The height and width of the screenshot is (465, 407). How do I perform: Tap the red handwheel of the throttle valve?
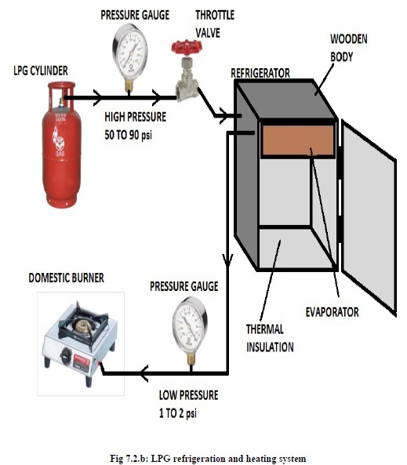[187, 47]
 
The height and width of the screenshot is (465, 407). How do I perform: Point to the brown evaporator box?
[298, 140]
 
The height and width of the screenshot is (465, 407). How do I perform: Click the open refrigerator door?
[369, 217]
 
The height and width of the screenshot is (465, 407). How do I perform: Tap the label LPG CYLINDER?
[41, 71]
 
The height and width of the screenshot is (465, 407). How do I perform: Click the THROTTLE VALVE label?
[215, 24]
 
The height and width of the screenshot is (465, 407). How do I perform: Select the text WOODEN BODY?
[348, 48]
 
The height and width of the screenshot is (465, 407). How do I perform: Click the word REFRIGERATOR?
[260, 73]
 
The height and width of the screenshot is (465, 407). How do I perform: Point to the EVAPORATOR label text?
[333, 312]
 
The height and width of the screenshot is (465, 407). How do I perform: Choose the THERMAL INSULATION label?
[270, 338]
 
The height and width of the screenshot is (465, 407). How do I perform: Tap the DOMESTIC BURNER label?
[67, 278]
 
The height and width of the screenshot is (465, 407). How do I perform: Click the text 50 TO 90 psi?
[128, 135]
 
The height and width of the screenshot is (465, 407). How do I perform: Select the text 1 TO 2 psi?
[178, 413]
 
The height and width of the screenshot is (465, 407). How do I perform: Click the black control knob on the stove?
[66, 354]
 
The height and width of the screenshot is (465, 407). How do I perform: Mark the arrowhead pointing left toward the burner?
[144, 373]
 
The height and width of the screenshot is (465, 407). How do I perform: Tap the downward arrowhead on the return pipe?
[227, 260]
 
